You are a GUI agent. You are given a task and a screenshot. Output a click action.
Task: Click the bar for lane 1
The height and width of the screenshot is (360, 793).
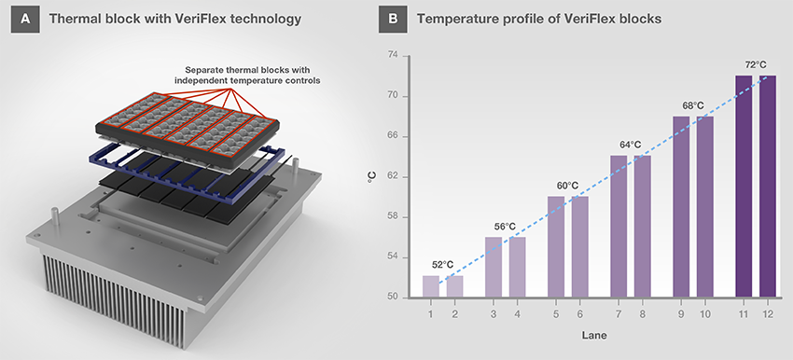[x=430, y=286]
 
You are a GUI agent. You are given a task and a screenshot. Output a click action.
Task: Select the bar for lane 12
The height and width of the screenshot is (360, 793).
[x=767, y=187]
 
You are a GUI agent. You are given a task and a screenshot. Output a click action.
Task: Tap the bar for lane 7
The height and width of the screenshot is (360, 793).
[x=619, y=227]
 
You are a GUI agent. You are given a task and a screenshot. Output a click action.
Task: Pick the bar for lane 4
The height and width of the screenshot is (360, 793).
[x=518, y=268]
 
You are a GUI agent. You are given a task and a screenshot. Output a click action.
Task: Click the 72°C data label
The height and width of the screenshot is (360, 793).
[x=756, y=65]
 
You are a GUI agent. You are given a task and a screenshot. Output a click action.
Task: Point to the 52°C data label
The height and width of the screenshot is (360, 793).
[x=442, y=265]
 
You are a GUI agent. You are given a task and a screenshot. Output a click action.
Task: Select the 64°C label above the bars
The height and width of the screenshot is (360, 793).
[x=631, y=145]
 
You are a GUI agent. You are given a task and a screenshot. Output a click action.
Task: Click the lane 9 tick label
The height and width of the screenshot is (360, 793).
[x=681, y=314]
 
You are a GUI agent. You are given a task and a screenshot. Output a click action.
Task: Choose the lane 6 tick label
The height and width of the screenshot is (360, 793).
[x=580, y=314]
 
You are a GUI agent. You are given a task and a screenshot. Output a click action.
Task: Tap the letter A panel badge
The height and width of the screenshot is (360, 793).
[x=25, y=20]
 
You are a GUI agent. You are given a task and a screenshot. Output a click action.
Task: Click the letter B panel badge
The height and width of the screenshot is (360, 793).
[x=393, y=20]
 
